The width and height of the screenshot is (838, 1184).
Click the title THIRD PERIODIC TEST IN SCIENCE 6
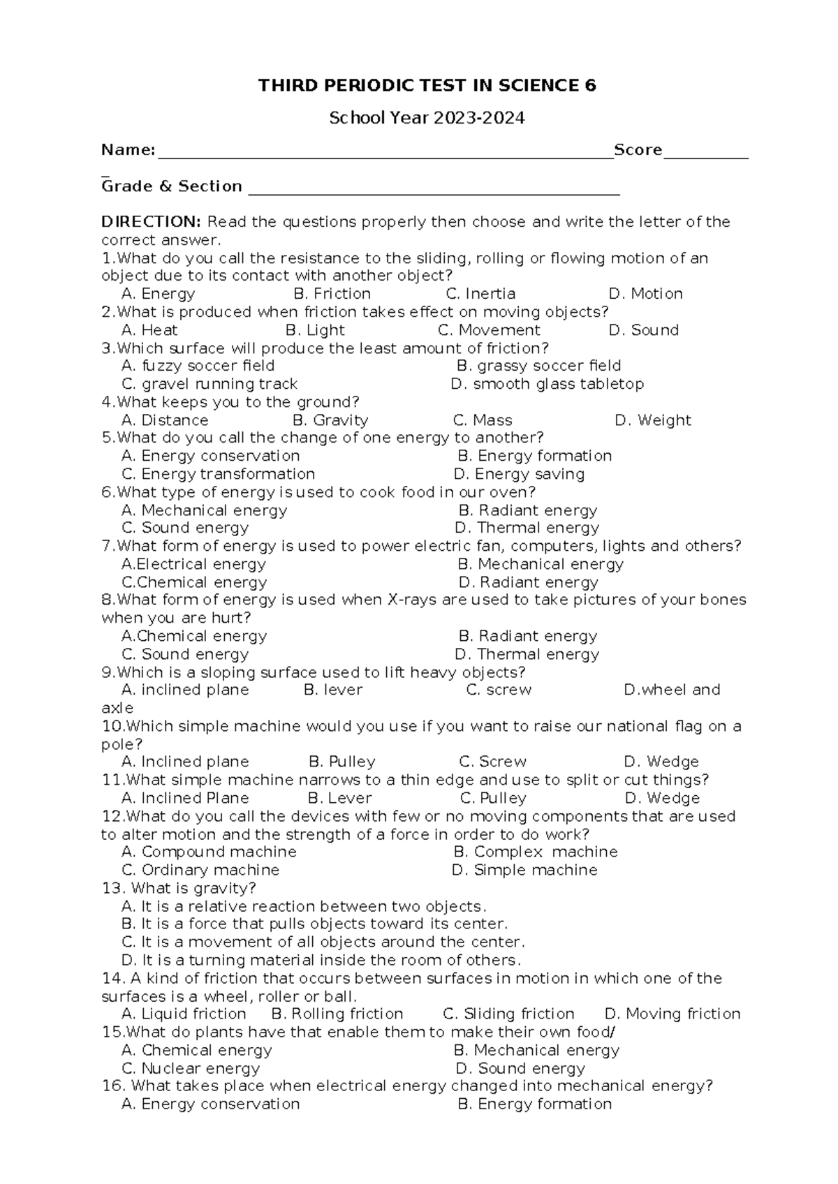pos(427,86)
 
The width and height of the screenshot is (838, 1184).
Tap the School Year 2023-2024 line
pos(427,118)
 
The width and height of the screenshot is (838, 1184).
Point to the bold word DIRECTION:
pos(151,222)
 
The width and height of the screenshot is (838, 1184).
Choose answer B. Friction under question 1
pos(332,294)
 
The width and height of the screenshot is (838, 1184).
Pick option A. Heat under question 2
pos(149,330)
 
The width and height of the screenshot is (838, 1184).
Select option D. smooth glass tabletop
pos(547,384)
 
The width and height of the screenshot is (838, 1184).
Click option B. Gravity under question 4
pos(330,420)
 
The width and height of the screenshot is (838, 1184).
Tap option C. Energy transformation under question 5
pos(218,474)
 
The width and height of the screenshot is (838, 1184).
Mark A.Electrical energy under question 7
pos(193,564)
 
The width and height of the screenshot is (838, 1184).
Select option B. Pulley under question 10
pos(342,762)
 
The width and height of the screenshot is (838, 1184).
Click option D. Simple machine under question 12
pos(524,870)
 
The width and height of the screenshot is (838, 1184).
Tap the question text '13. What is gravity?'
pos(179,889)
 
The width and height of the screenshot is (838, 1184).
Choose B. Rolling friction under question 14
pos(337,1014)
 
